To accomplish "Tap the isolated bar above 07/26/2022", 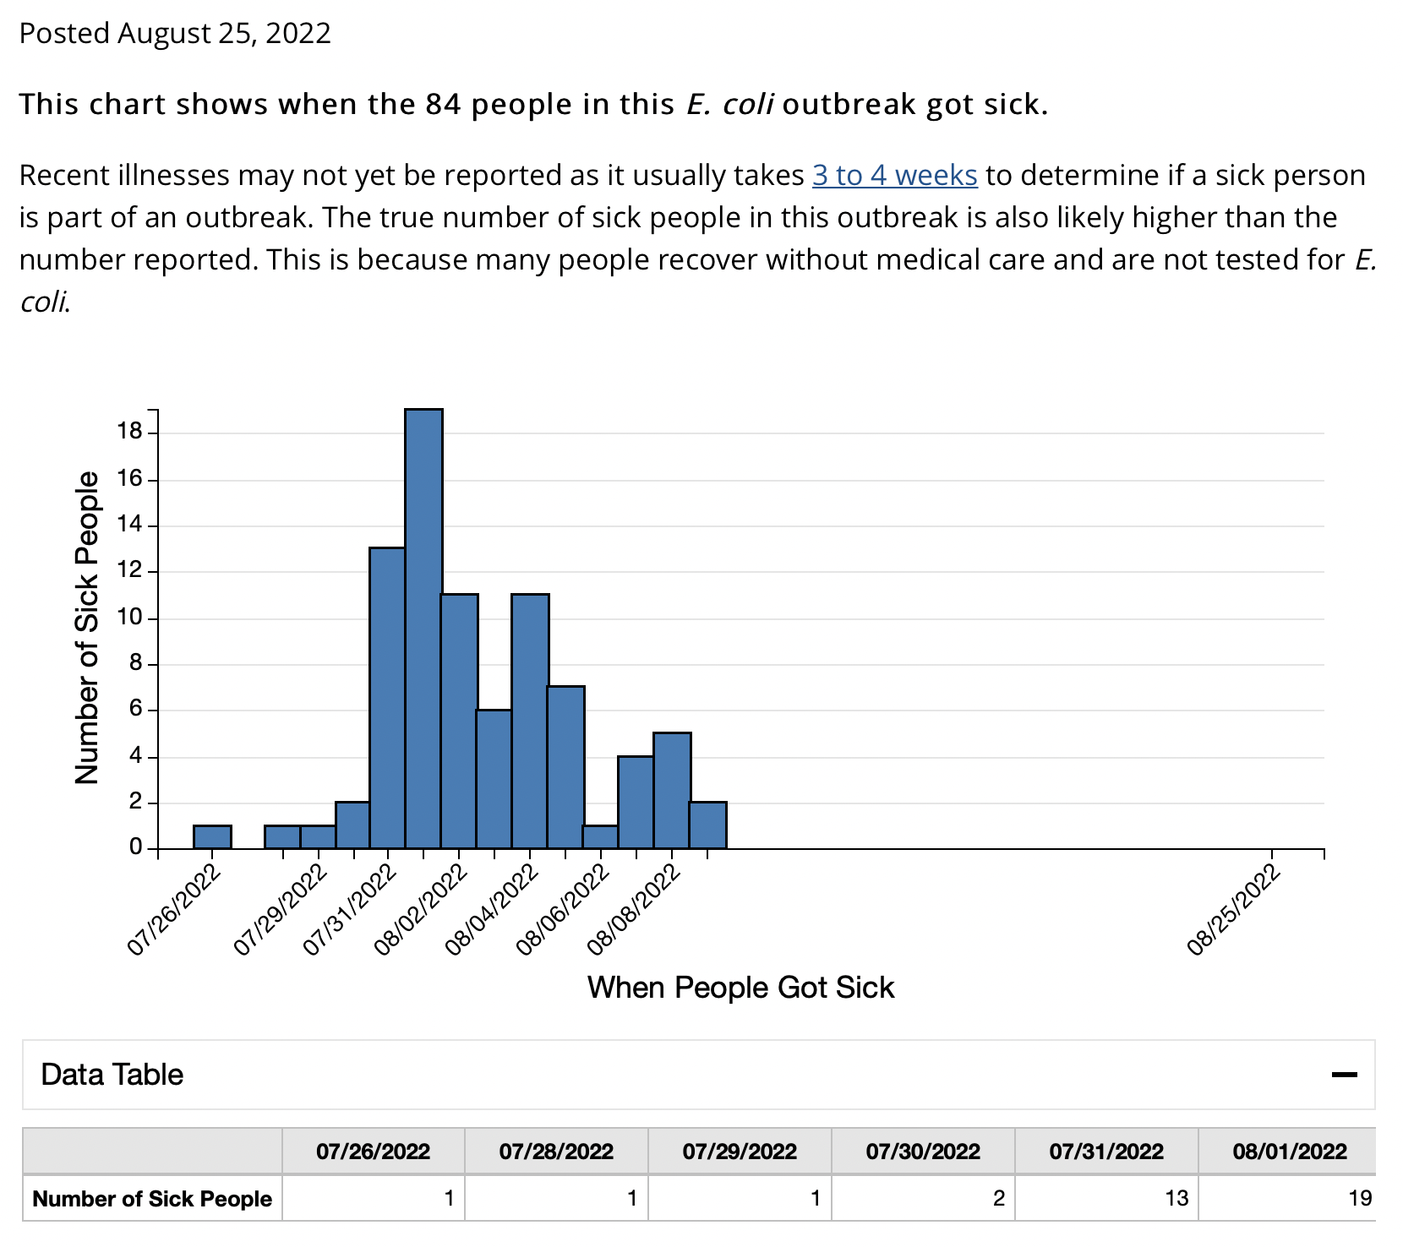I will pyautogui.click(x=212, y=836).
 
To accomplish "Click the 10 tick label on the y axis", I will pyautogui.click(x=131, y=618).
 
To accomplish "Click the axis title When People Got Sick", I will pyautogui.click(x=740, y=988).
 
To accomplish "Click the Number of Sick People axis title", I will pyautogui.click(x=87, y=628).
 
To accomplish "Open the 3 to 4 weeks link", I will pyautogui.click(x=894, y=175).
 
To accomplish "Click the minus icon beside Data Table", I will pyautogui.click(x=1344, y=1075).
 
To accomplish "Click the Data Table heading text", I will pyautogui.click(x=112, y=1075).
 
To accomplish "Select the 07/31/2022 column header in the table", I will pyautogui.click(x=1105, y=1152).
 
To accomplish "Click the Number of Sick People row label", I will pyautogui.click(x=152, y=1198).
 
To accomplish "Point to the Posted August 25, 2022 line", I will pyautogui.click(x=175, y=33).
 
